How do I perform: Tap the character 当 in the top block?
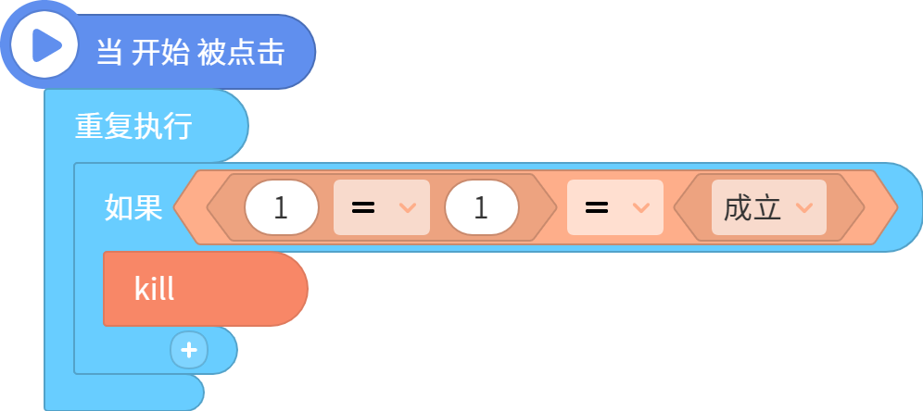point(109,53)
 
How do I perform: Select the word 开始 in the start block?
point(160,53)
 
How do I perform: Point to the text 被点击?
point(241,53)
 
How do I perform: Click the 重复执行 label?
point(133,126)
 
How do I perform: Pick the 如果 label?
point(133,207)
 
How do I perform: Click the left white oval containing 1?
point(282,207)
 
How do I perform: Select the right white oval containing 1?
point(482,207)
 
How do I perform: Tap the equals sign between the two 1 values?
point(363,207)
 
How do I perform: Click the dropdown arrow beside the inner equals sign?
point(408,207)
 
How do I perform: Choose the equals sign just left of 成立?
point(596,207)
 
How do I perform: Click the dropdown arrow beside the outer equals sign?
point(640,207)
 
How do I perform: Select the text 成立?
point(752,207)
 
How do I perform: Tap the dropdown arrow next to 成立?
point(804,207)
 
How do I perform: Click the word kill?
point(154,289)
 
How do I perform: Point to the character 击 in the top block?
point(272,53)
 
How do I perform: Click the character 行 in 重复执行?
point(178,126)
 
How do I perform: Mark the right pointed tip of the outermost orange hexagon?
point(898,207)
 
